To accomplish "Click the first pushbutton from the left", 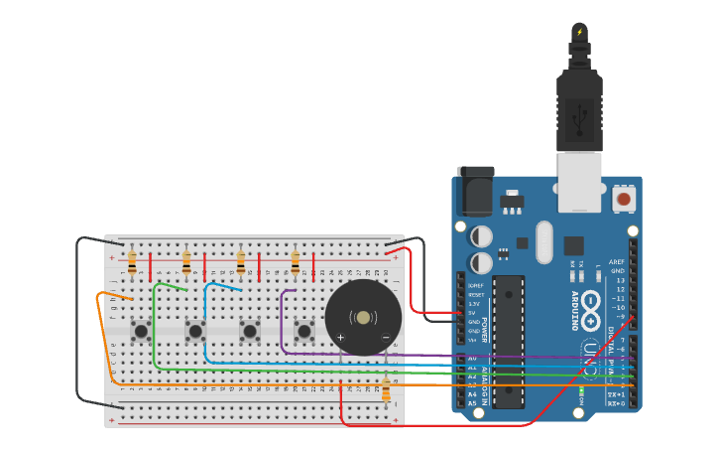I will (x=142, y=330).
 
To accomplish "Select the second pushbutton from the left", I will (x=195, y=330).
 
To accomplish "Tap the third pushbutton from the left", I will (x=250, y=330).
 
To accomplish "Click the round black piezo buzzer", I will (x=364, y=317).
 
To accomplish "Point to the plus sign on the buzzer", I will (x=340, y=338).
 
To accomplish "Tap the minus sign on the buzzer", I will (x=386, y=338).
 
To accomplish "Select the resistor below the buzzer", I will (x=386, y=392).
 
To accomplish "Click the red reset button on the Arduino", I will (x=624, y=200).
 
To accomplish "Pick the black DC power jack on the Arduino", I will (x=475, y=191).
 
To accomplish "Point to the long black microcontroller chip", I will (x=509, y=341).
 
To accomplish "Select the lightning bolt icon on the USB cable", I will (x=580, y=32).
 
